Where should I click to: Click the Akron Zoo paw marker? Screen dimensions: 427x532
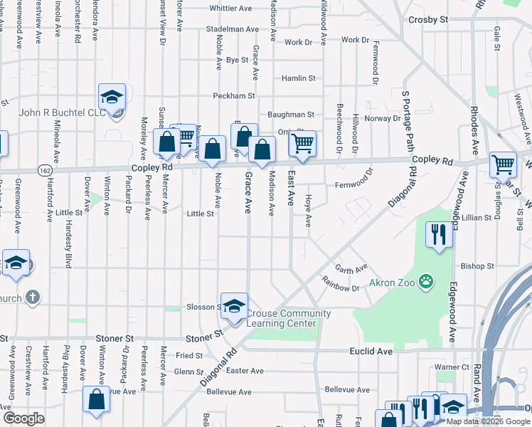click(x=426, y=283)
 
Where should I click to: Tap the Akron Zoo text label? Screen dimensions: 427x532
click(x=392, y=283)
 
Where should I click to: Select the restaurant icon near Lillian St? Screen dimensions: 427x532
click(x=438, y=233)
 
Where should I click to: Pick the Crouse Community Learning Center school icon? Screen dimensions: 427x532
click(x=234, y=305)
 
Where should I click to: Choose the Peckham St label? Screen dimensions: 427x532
click(x=233, y=95)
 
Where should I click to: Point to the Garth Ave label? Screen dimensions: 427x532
click(x=351, y=270)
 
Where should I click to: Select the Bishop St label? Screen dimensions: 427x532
click(x=477, y=266)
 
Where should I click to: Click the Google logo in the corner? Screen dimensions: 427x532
click(x=23, y=418)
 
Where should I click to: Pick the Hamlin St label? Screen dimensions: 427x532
click(x=297, y=78)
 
